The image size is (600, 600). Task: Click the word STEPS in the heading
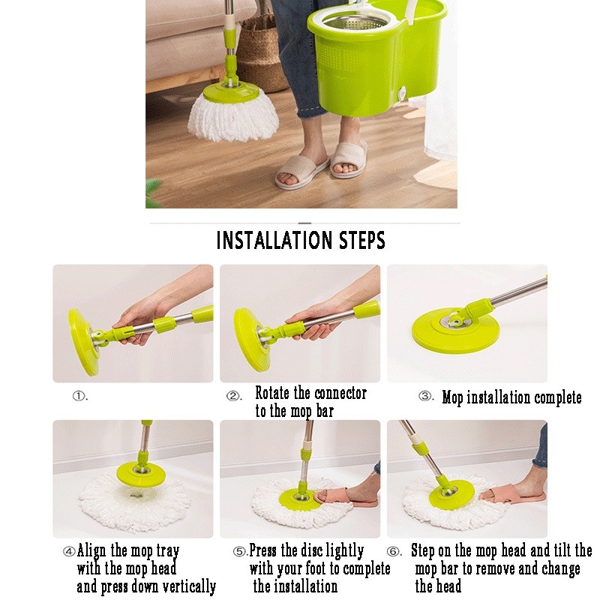[x=362, y=240]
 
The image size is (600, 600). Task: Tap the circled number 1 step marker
[x=79, y=396]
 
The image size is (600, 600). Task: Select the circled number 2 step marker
[x=232, y=396]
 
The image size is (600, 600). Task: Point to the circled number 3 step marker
[x=424, y=396]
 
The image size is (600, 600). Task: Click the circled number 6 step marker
[x=393, y=551]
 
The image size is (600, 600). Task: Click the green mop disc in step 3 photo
[x=453, y=328]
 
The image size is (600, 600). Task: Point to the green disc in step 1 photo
[x=83, y=343]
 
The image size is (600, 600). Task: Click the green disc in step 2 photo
[x=250, y=340]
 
